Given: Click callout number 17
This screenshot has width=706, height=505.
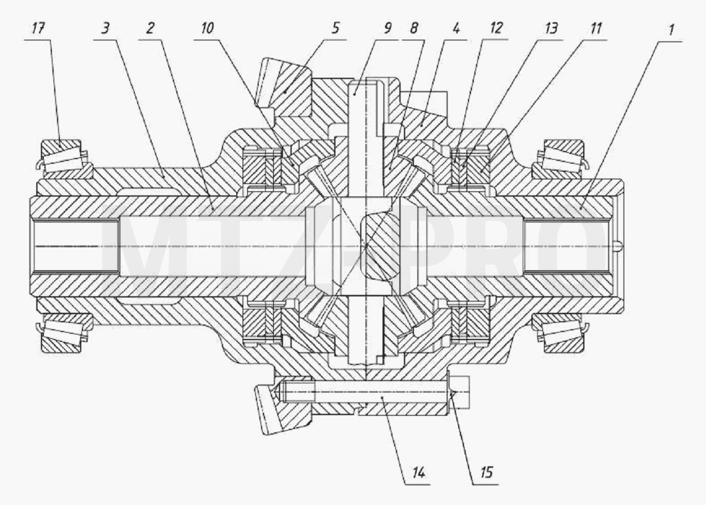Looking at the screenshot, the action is [x=38, y=28].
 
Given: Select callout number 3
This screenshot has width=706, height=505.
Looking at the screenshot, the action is [x=105, y=28].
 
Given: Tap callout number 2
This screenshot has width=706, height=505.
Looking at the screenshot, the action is [x=150, y=28].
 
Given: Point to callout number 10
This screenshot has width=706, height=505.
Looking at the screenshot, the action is [x=207, y=28].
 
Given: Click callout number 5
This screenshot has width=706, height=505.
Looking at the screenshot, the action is [x=335, y=28].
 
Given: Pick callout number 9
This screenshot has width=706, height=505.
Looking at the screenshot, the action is [x=387, y=28].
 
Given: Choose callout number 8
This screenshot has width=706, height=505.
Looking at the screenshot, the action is [x=414, y=28].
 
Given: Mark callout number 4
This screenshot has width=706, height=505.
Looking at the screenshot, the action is [x=456, y=28].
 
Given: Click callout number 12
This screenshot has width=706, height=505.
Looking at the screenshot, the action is [x=496, y=28].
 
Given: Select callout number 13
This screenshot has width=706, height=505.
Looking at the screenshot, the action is [x=550, y=28].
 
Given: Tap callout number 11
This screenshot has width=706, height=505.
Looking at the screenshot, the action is [x=595, y=28].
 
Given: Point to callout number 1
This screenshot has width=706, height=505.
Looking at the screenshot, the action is [x=671, y=30].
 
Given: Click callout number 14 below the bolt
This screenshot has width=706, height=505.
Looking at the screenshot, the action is [x=418, y=473].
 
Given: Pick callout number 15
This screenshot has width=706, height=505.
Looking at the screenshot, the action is [x=486, y=473].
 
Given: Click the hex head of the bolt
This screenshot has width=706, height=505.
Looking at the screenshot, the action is [x=459, y=392].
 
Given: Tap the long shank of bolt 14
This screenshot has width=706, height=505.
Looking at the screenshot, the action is [x=365, y=392].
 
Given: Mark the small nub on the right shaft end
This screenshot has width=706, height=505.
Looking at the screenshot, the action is [x=618, y=246].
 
